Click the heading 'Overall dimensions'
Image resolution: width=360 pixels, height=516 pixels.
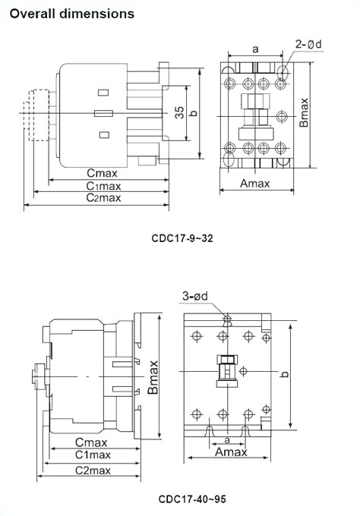[x=72, y=14]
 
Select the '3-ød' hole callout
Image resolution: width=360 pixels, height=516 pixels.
[x=197, y=296]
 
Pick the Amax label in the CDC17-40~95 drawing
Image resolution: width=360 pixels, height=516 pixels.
[x=231, y=451]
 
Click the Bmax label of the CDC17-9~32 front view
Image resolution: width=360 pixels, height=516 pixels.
[x=304, y=112]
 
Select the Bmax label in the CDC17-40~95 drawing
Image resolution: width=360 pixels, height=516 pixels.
[x=153, y=376]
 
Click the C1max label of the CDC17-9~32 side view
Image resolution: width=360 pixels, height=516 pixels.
[x=103, y=186]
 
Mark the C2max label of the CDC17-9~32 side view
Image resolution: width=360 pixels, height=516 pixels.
[x=103, y=198]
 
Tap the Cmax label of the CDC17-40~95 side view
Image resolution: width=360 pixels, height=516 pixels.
[x=91, y=442]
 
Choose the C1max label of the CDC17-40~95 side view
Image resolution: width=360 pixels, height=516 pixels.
[x=93, y=455]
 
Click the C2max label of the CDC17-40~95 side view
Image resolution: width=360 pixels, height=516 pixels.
[x=93, y=470]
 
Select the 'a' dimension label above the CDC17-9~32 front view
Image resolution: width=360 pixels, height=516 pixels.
[x=255, y=49]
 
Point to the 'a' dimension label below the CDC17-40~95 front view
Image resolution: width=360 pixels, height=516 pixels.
[x=227, y=439]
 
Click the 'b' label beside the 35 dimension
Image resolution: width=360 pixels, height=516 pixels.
[x=194, y=113]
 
